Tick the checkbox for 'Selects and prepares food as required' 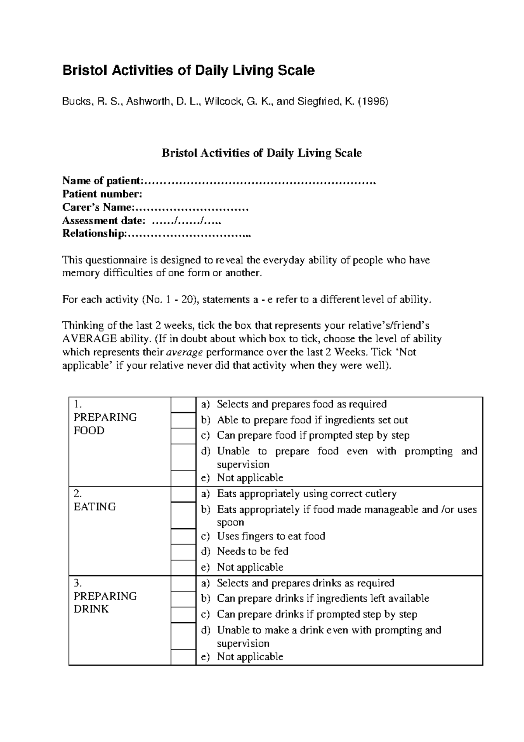183,405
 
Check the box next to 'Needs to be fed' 183,552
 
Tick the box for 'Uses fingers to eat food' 183,537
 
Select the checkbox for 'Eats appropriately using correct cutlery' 183,494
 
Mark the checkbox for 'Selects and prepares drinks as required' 183,584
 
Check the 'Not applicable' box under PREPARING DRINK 183,657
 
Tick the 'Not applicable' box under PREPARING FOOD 183,478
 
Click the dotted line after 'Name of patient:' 259,181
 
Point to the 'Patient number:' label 102,194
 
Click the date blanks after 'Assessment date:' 186,221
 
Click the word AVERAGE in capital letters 90,339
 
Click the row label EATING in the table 95,507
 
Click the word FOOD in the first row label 89,431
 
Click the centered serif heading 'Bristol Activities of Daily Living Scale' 262,153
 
